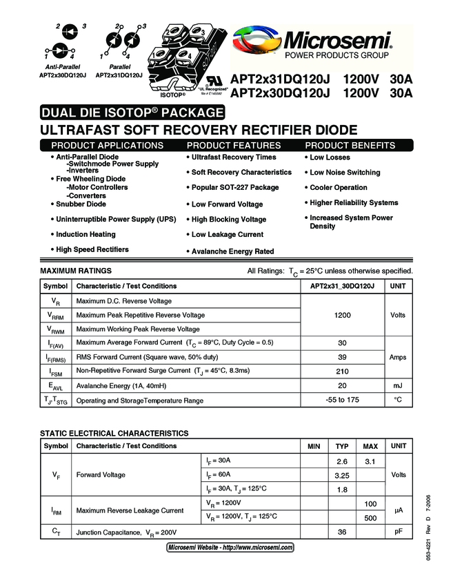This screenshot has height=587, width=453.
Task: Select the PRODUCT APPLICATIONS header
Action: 108,146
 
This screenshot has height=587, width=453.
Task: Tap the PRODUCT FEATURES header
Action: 234,146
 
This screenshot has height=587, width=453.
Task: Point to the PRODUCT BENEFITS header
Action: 350,146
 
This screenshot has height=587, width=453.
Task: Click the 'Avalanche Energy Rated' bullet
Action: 232,251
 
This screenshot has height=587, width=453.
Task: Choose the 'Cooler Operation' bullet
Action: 338,188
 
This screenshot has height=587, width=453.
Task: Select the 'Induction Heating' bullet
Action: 85,234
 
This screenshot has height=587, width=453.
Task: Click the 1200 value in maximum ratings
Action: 342,315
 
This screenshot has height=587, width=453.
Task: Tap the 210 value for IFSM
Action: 342,371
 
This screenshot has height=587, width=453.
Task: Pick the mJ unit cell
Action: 398,385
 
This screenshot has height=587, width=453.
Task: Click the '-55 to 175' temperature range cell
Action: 342,401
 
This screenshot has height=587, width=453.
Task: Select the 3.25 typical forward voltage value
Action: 342,475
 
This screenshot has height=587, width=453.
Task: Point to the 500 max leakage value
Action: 370,517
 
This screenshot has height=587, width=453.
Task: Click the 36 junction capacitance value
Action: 342,532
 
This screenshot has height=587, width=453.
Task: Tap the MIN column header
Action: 314,446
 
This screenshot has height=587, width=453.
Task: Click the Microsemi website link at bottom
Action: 230,547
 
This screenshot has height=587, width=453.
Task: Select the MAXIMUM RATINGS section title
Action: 76,271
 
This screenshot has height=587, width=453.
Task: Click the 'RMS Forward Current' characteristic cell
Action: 147,357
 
